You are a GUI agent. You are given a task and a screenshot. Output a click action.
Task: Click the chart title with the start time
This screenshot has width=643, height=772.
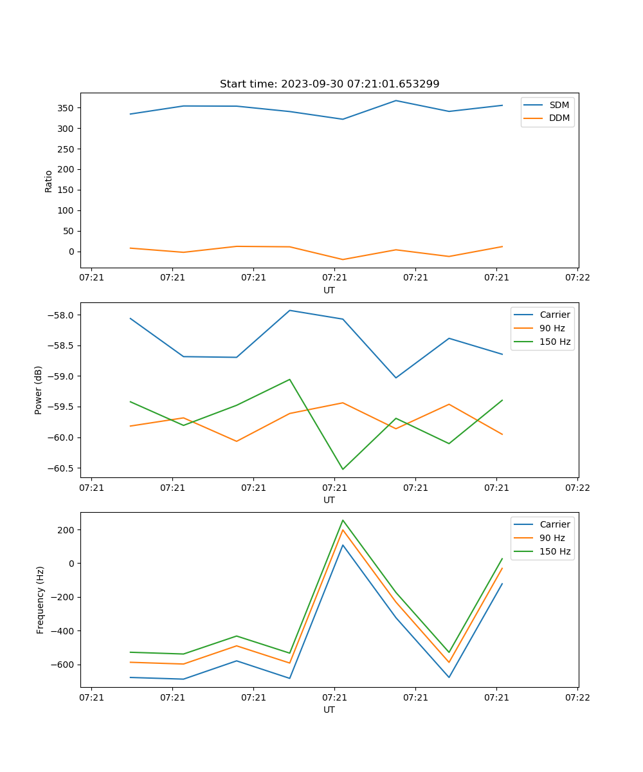click(329, 84)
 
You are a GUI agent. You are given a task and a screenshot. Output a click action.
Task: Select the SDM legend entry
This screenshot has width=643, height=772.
click(559, 104)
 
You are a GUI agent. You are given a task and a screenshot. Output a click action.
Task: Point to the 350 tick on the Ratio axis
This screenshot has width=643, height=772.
click(67, 108)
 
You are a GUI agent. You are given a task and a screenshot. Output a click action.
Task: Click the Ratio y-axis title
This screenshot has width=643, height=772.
click(49, 181)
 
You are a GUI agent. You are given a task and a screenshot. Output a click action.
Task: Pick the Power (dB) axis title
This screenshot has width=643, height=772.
click(39, 390)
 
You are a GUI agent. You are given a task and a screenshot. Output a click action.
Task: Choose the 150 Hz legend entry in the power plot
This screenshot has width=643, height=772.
click(555, 342)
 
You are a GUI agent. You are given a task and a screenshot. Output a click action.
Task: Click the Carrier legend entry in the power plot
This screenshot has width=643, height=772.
click(554, 315)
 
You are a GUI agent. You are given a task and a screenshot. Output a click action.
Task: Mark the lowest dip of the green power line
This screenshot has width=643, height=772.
click(343, 469)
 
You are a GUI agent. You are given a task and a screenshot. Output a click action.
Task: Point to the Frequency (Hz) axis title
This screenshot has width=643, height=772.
click(41, 600)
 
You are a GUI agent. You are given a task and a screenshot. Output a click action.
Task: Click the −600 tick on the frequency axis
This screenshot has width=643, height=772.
click(64, 665)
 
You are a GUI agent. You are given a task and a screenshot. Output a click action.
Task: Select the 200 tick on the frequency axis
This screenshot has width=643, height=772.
click(67, 530)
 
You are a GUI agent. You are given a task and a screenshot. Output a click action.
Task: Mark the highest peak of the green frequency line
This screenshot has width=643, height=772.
click(343, 520)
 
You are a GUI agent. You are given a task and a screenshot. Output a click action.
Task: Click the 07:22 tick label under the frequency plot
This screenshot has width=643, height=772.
click(577, 697)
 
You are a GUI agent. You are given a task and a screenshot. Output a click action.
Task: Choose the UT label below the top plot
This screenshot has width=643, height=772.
click(329, 290)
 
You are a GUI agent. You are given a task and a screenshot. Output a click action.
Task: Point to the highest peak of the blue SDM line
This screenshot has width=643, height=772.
click(396, 100)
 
